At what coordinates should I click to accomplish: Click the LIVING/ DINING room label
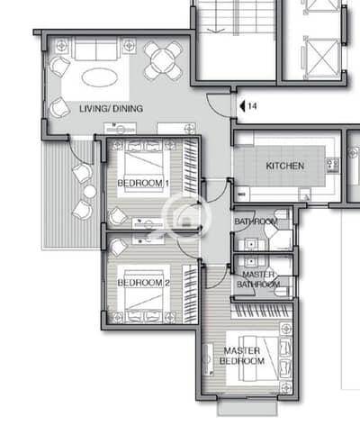coord(111,108)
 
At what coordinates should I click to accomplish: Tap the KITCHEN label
coord(285,166)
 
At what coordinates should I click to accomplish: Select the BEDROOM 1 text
coord(143,183)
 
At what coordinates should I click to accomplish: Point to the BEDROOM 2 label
coord(143,283)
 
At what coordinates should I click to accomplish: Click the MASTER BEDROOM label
coord(242,356)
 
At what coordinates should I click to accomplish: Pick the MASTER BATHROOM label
coord(258,279)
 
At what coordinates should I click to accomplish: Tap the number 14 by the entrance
coord(252,106)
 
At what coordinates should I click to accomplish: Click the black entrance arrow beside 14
coord(243,106)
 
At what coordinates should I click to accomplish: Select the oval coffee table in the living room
coord(100,77)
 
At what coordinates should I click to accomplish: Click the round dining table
coord(163,61)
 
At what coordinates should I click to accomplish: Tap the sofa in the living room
coord(95,49)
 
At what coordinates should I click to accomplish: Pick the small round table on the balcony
coord(90,192)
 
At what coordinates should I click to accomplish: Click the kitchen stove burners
coord(333,166)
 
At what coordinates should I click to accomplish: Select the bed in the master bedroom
coord(259,358)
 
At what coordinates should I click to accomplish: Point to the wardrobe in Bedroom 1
coord(190,166)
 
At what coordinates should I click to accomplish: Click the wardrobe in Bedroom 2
coord(190,294)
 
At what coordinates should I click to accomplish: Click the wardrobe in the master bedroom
coord(262,311)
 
